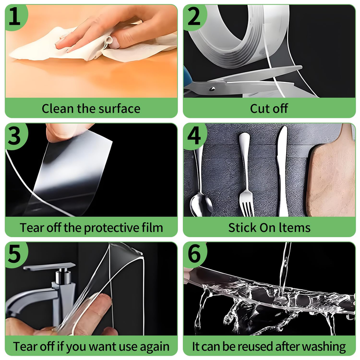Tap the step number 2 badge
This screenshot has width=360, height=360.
(194, 17)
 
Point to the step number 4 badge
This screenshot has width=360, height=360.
(194, 136)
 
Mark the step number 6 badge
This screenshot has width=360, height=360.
(194, 255)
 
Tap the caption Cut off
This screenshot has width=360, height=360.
(269, 108)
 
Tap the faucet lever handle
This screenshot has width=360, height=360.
(49, 267)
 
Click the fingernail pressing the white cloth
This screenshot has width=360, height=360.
(114, 43)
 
